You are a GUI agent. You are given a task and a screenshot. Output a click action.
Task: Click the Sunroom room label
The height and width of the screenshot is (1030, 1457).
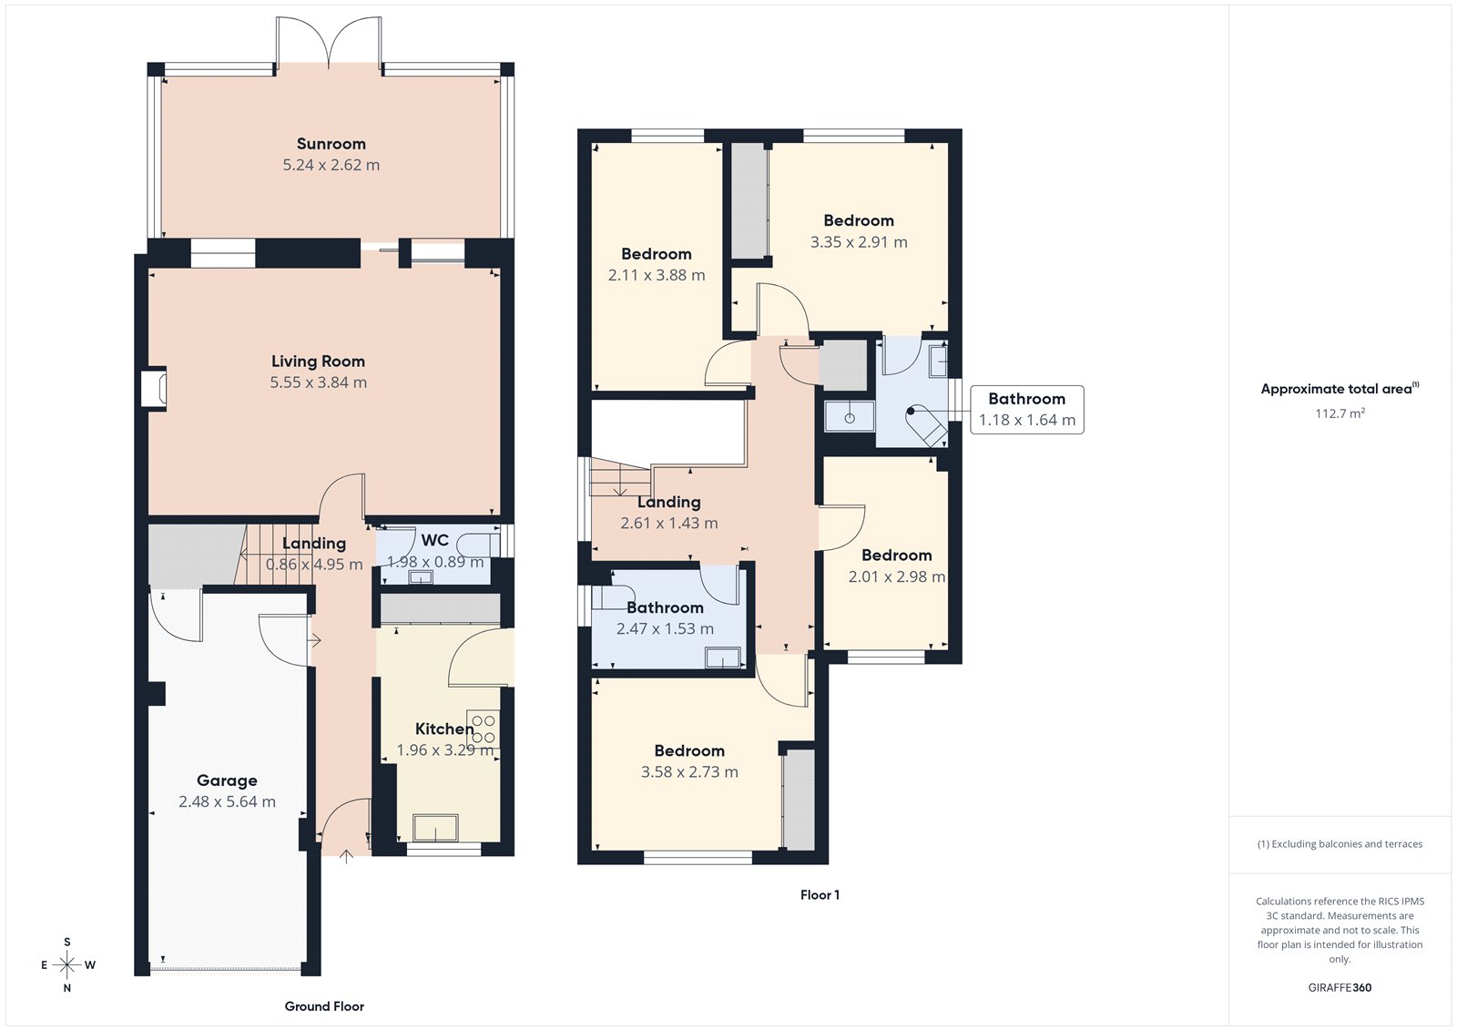(x=331, y=144)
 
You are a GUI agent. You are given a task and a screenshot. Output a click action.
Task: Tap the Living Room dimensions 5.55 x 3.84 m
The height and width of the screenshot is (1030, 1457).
(x=318, y=382)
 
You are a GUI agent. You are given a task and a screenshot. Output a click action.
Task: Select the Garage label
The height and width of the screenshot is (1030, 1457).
(x=227, y=780)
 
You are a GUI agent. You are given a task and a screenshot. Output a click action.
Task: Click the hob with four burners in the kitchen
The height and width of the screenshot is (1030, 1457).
(x=483, y=729)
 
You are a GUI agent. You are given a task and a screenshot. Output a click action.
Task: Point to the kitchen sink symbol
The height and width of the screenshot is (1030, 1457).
(x=436, y=828)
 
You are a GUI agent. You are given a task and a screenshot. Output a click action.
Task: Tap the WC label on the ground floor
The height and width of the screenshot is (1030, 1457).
(x=434, y=540)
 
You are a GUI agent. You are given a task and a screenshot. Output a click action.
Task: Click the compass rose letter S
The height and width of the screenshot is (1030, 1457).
(x=67, y=943)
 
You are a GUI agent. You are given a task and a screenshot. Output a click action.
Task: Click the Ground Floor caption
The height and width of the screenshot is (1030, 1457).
(x=324, y=1006)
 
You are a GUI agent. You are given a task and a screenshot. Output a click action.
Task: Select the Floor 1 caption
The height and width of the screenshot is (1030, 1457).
(x=820, y=895)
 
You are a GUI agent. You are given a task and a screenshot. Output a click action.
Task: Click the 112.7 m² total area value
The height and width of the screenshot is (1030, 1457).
(x=1340, y=413)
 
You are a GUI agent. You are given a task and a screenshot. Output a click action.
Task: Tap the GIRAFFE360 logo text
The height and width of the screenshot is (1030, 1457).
(x=1340, y=987)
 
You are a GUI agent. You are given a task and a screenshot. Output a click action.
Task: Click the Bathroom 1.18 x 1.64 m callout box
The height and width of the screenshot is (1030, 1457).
(x=1026, y=410)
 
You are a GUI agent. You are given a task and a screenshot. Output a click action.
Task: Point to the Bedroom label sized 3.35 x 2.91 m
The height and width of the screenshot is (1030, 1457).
(x=858, y=220)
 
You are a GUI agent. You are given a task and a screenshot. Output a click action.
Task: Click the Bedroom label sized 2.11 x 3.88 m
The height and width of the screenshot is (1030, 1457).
(x=656, y=254)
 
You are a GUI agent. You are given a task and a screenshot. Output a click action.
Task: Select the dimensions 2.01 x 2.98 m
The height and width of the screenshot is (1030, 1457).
(x=896, y=576)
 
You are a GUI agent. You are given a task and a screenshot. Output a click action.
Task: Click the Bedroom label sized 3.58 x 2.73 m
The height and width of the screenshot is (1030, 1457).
(x=689, y=750)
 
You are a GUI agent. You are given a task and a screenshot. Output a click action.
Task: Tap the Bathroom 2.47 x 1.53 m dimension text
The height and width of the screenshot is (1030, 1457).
(x=665, y=628)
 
